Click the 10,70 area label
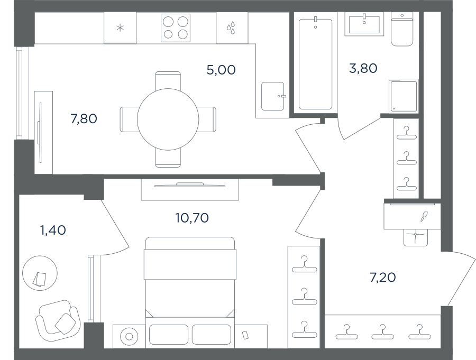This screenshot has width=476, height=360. [192, 218]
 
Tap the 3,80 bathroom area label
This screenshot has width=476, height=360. [363, 68]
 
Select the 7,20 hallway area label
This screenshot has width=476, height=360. [382, 278]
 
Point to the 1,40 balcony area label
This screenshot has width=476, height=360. [53, 230]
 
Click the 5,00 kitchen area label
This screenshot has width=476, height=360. [221, 70]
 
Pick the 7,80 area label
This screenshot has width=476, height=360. [84, 119]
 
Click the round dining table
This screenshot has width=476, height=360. [168, 119]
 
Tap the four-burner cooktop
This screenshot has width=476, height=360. [176, 28]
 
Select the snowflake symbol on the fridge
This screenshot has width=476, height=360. [120, 28]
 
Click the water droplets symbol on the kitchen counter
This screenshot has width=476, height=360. [231, 27]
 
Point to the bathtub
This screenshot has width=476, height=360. [315, 64]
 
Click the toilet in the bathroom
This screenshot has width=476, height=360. [402, 30]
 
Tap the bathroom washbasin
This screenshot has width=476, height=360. [364, 25]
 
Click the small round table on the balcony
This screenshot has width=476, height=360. [40, 273]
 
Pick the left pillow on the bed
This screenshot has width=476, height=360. [169, 335]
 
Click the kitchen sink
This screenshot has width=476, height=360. [273, 96]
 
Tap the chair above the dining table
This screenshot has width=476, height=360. [168, 81]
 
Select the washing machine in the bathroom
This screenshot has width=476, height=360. [404, 96]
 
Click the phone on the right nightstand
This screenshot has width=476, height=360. [245, 335]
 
